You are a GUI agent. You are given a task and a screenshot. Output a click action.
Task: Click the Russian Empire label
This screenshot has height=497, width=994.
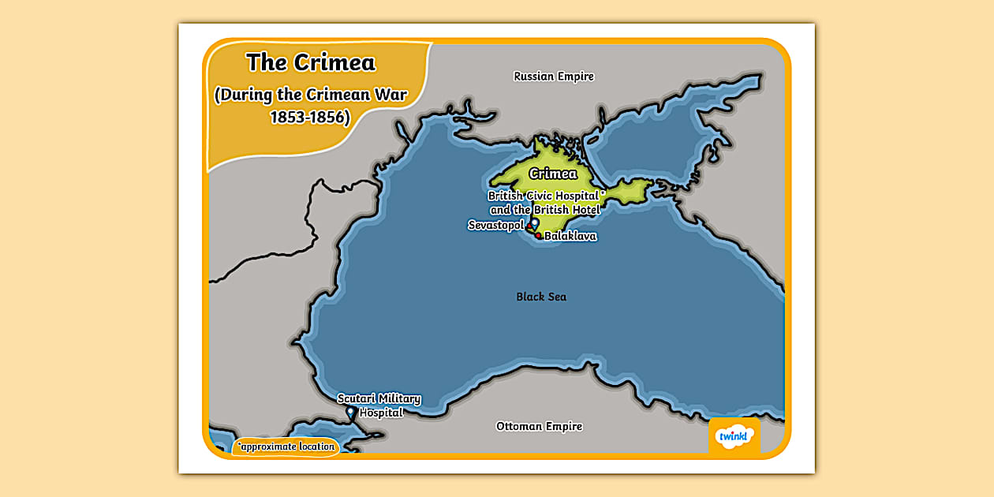click(x=553, y=77)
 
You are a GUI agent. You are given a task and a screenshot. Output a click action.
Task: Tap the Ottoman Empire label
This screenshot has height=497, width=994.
click(x=539, y=426)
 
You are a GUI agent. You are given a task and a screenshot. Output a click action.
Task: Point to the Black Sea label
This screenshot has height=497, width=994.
click(x=541, y=297)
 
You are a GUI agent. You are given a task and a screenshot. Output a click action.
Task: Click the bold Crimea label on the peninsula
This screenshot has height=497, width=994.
click(x=553, y=174)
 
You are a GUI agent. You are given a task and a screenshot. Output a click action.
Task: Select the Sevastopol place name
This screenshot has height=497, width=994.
click(x=495, y=226)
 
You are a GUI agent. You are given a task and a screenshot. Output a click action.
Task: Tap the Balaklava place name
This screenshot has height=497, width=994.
click(x=570, y=236)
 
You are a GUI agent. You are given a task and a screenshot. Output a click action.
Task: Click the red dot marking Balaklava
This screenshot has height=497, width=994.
click(x=538, y=235)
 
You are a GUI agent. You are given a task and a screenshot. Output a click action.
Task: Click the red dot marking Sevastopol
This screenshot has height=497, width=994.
click(x=529, y=228)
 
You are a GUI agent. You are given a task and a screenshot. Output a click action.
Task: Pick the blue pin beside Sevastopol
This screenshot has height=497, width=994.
click(x=535, y=223)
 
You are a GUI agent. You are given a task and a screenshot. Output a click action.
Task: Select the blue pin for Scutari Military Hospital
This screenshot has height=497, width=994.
click(x=350, y=412)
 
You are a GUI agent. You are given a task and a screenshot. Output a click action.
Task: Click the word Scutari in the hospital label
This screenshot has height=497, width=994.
click(x=357, y=399)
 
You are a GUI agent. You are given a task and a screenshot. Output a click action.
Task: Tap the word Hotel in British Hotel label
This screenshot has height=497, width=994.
click(x=582, y=210)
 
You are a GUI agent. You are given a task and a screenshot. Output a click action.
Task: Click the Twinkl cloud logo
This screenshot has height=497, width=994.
click(x=734, y=436)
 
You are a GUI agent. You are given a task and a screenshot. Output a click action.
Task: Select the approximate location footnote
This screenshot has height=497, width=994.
click(x=286, y=447)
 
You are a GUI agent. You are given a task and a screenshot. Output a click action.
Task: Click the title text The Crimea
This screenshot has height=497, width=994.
click(x=311, y=62)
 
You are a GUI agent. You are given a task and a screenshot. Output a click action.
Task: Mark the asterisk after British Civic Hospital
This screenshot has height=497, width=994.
click(x=603, y=192)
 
